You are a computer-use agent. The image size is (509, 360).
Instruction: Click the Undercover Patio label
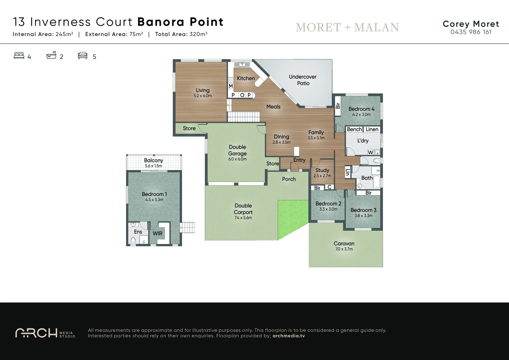(x=303, y=80)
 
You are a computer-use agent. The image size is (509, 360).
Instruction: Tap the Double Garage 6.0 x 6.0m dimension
(x=237, y=159)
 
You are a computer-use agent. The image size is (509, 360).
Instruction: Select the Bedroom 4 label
(x=361, y=109)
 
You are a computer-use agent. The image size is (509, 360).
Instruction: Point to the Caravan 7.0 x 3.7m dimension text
(x=344, y=249)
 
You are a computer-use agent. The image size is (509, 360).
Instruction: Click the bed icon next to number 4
(x=19, y=56)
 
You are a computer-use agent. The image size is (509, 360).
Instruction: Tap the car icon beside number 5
(x=83, y=56)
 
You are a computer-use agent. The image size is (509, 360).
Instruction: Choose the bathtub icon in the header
(x=51, y=55)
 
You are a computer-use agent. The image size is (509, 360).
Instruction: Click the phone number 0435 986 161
(x=471, y=32)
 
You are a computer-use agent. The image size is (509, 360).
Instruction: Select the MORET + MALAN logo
(x=347, y=27)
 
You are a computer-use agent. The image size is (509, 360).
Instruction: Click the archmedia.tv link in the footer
(x=288, y=336)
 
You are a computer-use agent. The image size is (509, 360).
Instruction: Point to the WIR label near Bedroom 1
(x=158, y=234)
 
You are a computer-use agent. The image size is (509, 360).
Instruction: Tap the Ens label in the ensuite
(x=138, y=232)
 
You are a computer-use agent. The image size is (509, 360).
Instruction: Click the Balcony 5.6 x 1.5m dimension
(x=154, y=166)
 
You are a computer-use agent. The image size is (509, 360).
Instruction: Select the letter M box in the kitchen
(x=231, y=86)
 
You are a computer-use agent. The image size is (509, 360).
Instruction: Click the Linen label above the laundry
(x=372, y=129)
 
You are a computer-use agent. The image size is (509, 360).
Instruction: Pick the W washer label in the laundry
(x=370, y=152)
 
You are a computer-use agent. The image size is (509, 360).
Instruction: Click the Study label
(x=322, y=170)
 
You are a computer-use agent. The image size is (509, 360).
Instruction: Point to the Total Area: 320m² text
(x=181, y=34)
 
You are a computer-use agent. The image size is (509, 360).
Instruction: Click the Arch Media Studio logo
(x=45, y=333)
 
